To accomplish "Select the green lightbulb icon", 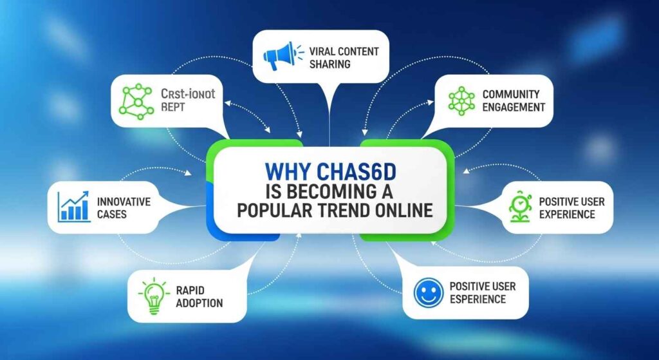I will [152, 296].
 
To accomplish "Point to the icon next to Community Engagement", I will [461, 102].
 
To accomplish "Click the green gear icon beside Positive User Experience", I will [519, 208].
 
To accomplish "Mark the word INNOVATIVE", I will [124, 201].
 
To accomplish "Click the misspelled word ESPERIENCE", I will [478, 299].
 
